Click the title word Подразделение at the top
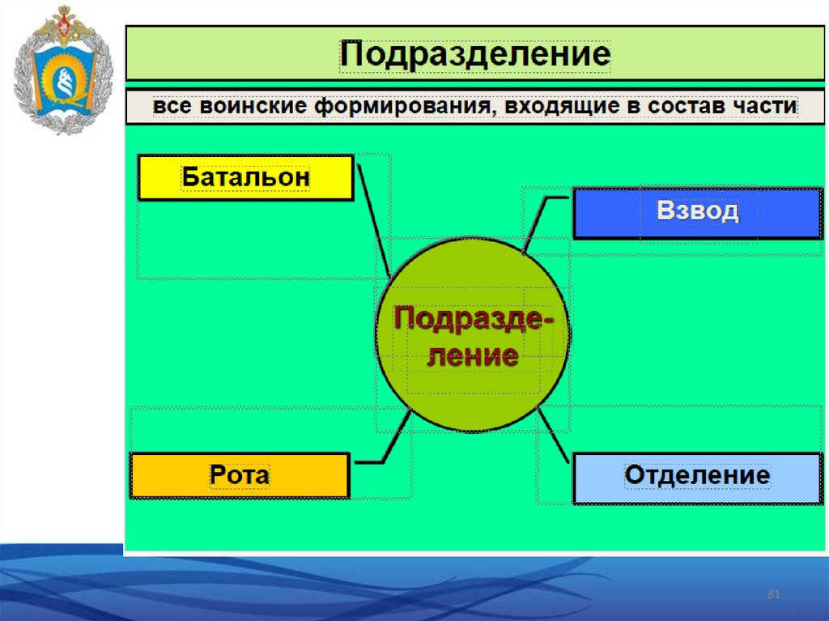[x=474, y=55]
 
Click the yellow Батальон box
[x=246, y=177]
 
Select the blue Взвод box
[x=697, y=213]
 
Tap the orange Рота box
[x=240, y=475]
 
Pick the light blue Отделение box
[x=697, y=477]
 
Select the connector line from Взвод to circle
[x=536, y=220]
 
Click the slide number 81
[x=773, y=596]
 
